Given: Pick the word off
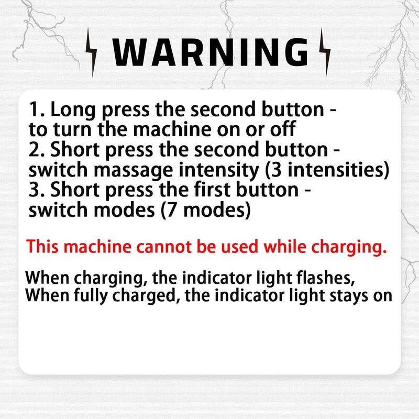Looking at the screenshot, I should pyautogui.click(x=283, y=129).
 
